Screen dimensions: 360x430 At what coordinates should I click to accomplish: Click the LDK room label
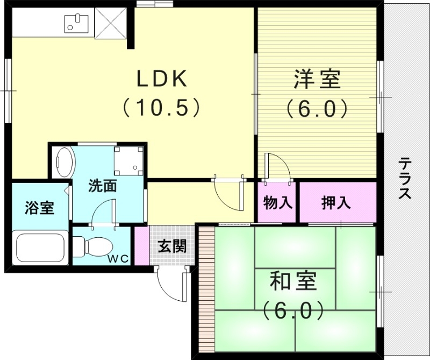161,80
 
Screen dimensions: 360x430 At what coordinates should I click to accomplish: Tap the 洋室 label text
317,80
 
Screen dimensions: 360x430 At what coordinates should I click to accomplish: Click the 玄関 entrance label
172,246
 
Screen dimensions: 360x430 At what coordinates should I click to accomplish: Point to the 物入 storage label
277,203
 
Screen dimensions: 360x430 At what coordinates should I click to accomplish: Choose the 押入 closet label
336,203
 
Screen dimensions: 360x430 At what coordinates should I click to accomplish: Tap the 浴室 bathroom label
39,208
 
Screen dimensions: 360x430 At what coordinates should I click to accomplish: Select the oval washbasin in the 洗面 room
64,162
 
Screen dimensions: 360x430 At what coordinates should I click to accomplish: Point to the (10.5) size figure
161,108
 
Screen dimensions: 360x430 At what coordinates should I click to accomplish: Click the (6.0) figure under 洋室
316,109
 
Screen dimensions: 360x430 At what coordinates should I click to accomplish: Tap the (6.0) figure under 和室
293,310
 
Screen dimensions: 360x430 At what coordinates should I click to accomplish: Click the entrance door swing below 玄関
173,284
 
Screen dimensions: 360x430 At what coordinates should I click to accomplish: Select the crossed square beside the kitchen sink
112,23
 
